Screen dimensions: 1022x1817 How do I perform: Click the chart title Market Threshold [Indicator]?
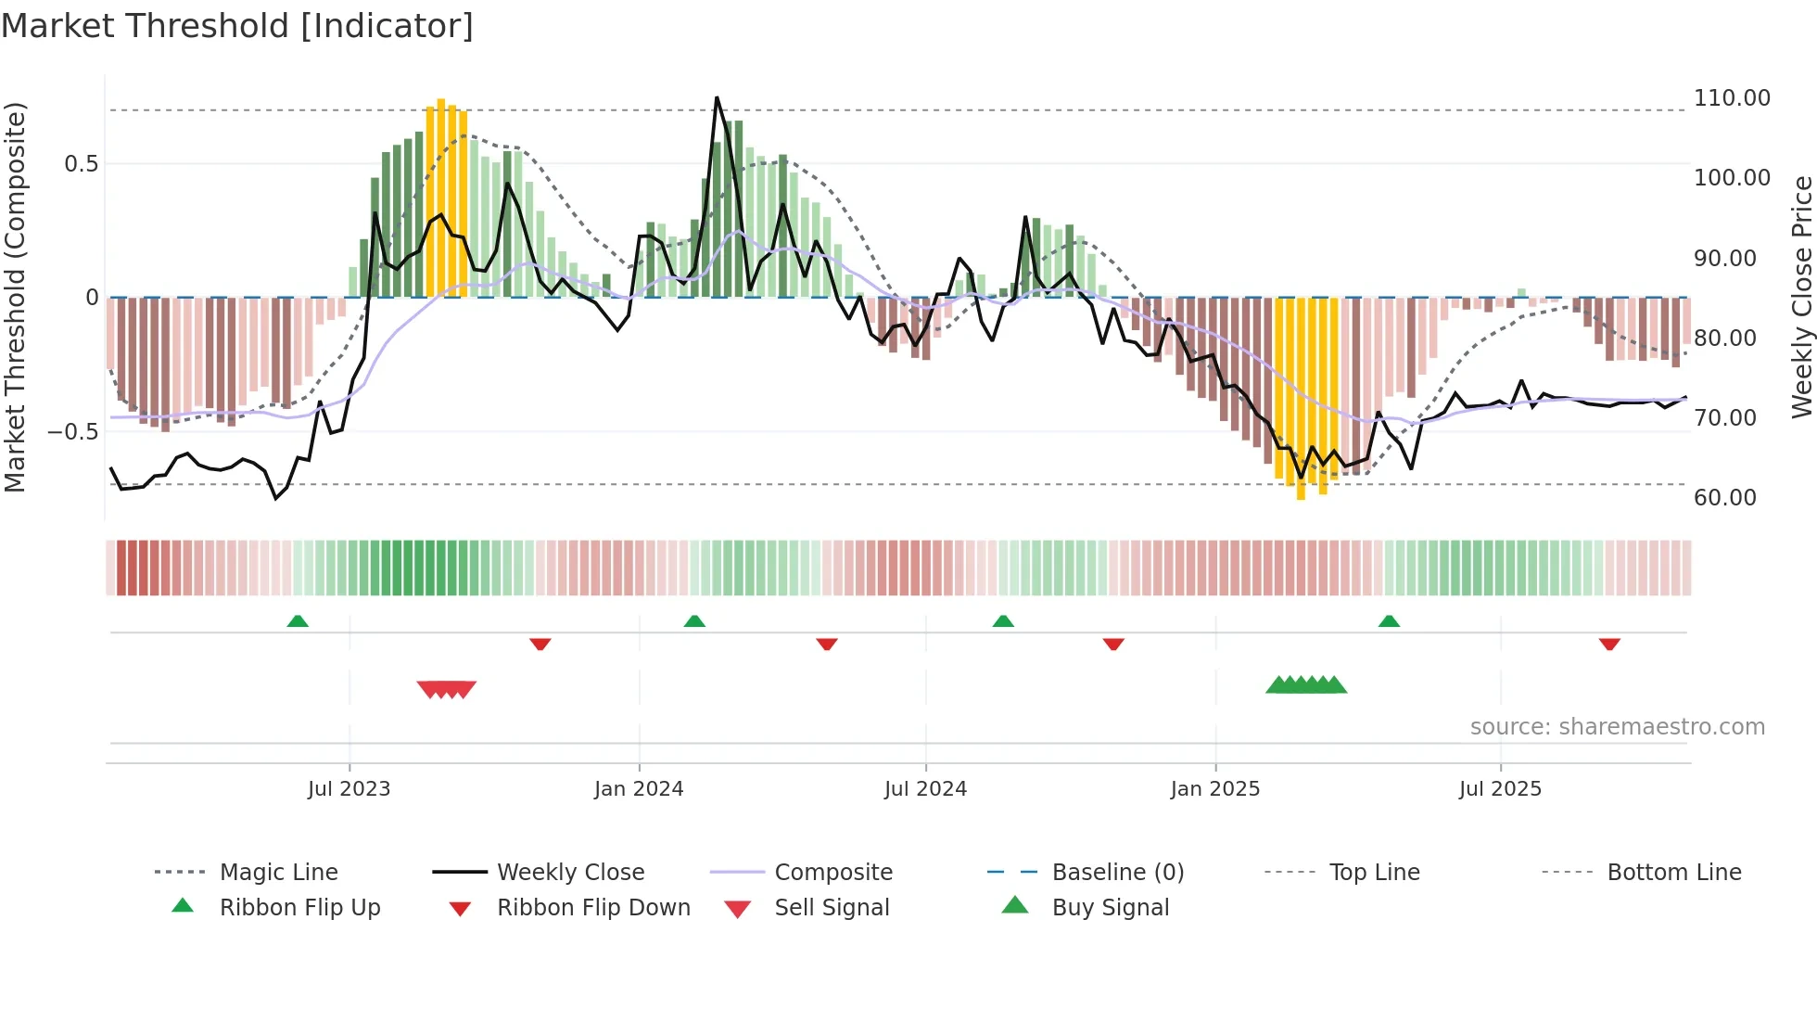click(x=237, y=26)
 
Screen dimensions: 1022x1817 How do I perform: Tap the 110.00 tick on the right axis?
click(x=1731, y=98)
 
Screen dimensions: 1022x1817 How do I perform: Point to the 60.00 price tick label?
click(x=1724, y=498)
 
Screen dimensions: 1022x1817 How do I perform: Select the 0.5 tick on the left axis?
click(x=81, y=164)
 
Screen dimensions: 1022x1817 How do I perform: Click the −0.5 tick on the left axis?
click(x=73, y=432)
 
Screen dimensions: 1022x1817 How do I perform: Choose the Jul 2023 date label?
click(x=349, y=789)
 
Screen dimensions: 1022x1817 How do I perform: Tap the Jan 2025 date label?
click(x=1214, y=789)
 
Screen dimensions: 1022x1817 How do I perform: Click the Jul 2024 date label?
click(x=925, y=789)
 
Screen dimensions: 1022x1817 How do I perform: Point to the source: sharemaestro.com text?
click(x=1617, y=727)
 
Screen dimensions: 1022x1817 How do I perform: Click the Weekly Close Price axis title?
click(x=1801, y=297)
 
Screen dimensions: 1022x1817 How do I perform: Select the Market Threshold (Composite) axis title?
click(x=15, y=297)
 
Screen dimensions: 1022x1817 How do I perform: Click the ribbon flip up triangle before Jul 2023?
click(x=298, y=621)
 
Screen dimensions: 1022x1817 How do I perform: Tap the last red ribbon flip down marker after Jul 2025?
click(x=1609, y=644)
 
